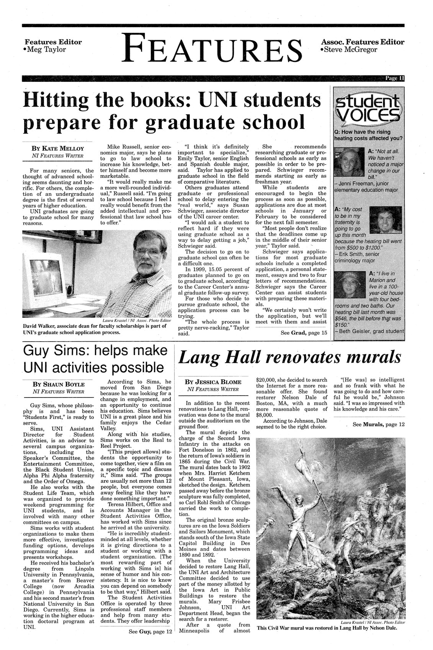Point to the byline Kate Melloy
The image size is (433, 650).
[59, 148]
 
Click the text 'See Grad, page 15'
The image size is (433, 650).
[304, 333]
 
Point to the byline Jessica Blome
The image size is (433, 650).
[213, 382]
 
